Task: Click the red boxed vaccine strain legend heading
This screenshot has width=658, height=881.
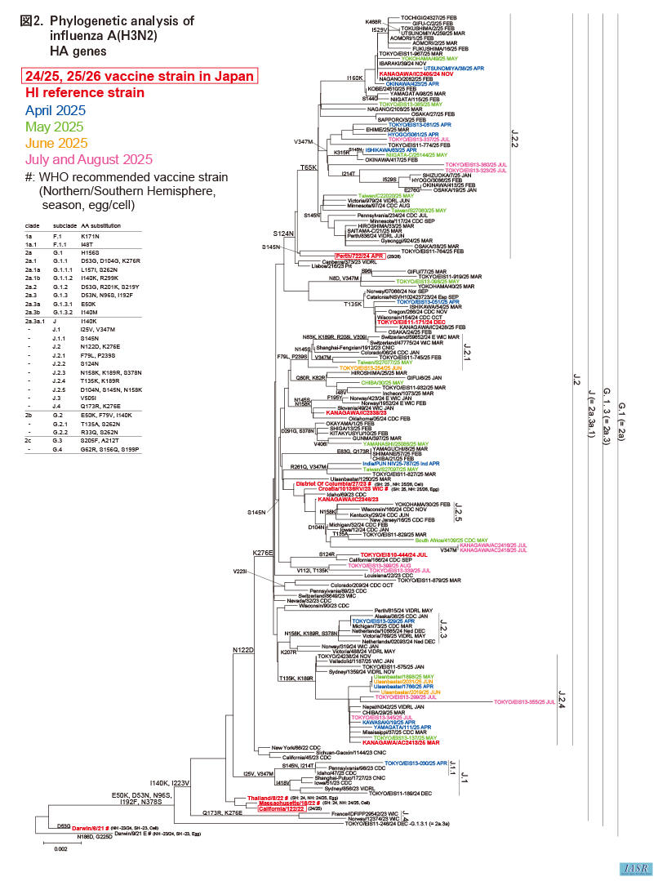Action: click(140, 77)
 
